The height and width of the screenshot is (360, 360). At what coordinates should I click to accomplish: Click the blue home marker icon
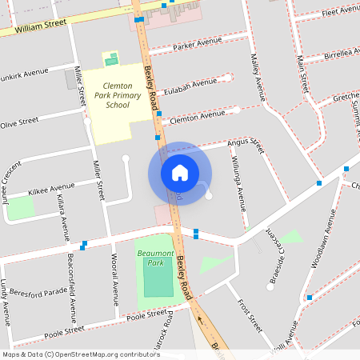point(180,173)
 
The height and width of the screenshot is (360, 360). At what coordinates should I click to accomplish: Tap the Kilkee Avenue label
point(51,190)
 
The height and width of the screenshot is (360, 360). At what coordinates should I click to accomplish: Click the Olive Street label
point(19,122)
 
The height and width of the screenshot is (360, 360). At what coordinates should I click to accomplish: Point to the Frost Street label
point(249,315)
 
